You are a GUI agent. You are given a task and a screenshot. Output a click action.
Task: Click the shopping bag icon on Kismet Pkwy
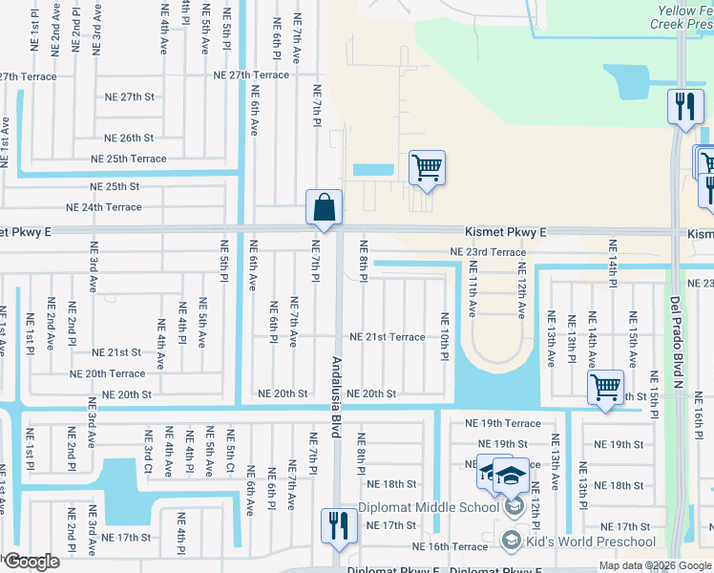[x=324, y=208]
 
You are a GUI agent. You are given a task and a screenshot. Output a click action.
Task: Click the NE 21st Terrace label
[x=387, y=337]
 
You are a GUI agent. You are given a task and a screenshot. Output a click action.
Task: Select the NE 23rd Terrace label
[x=488, y=252]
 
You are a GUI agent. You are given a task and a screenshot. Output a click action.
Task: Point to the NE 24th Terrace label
[x=103, y=207]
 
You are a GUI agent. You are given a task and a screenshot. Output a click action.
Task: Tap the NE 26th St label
[x=129, y=138]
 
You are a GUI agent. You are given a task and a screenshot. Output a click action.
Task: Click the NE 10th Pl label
[x=444, y=336]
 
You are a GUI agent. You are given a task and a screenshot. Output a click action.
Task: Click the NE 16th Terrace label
[x=450, y=546]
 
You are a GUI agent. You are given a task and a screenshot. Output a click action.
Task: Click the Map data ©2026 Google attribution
[x=655, y=565]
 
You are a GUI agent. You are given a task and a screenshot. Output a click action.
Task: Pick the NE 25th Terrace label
[x=128, y=159]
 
